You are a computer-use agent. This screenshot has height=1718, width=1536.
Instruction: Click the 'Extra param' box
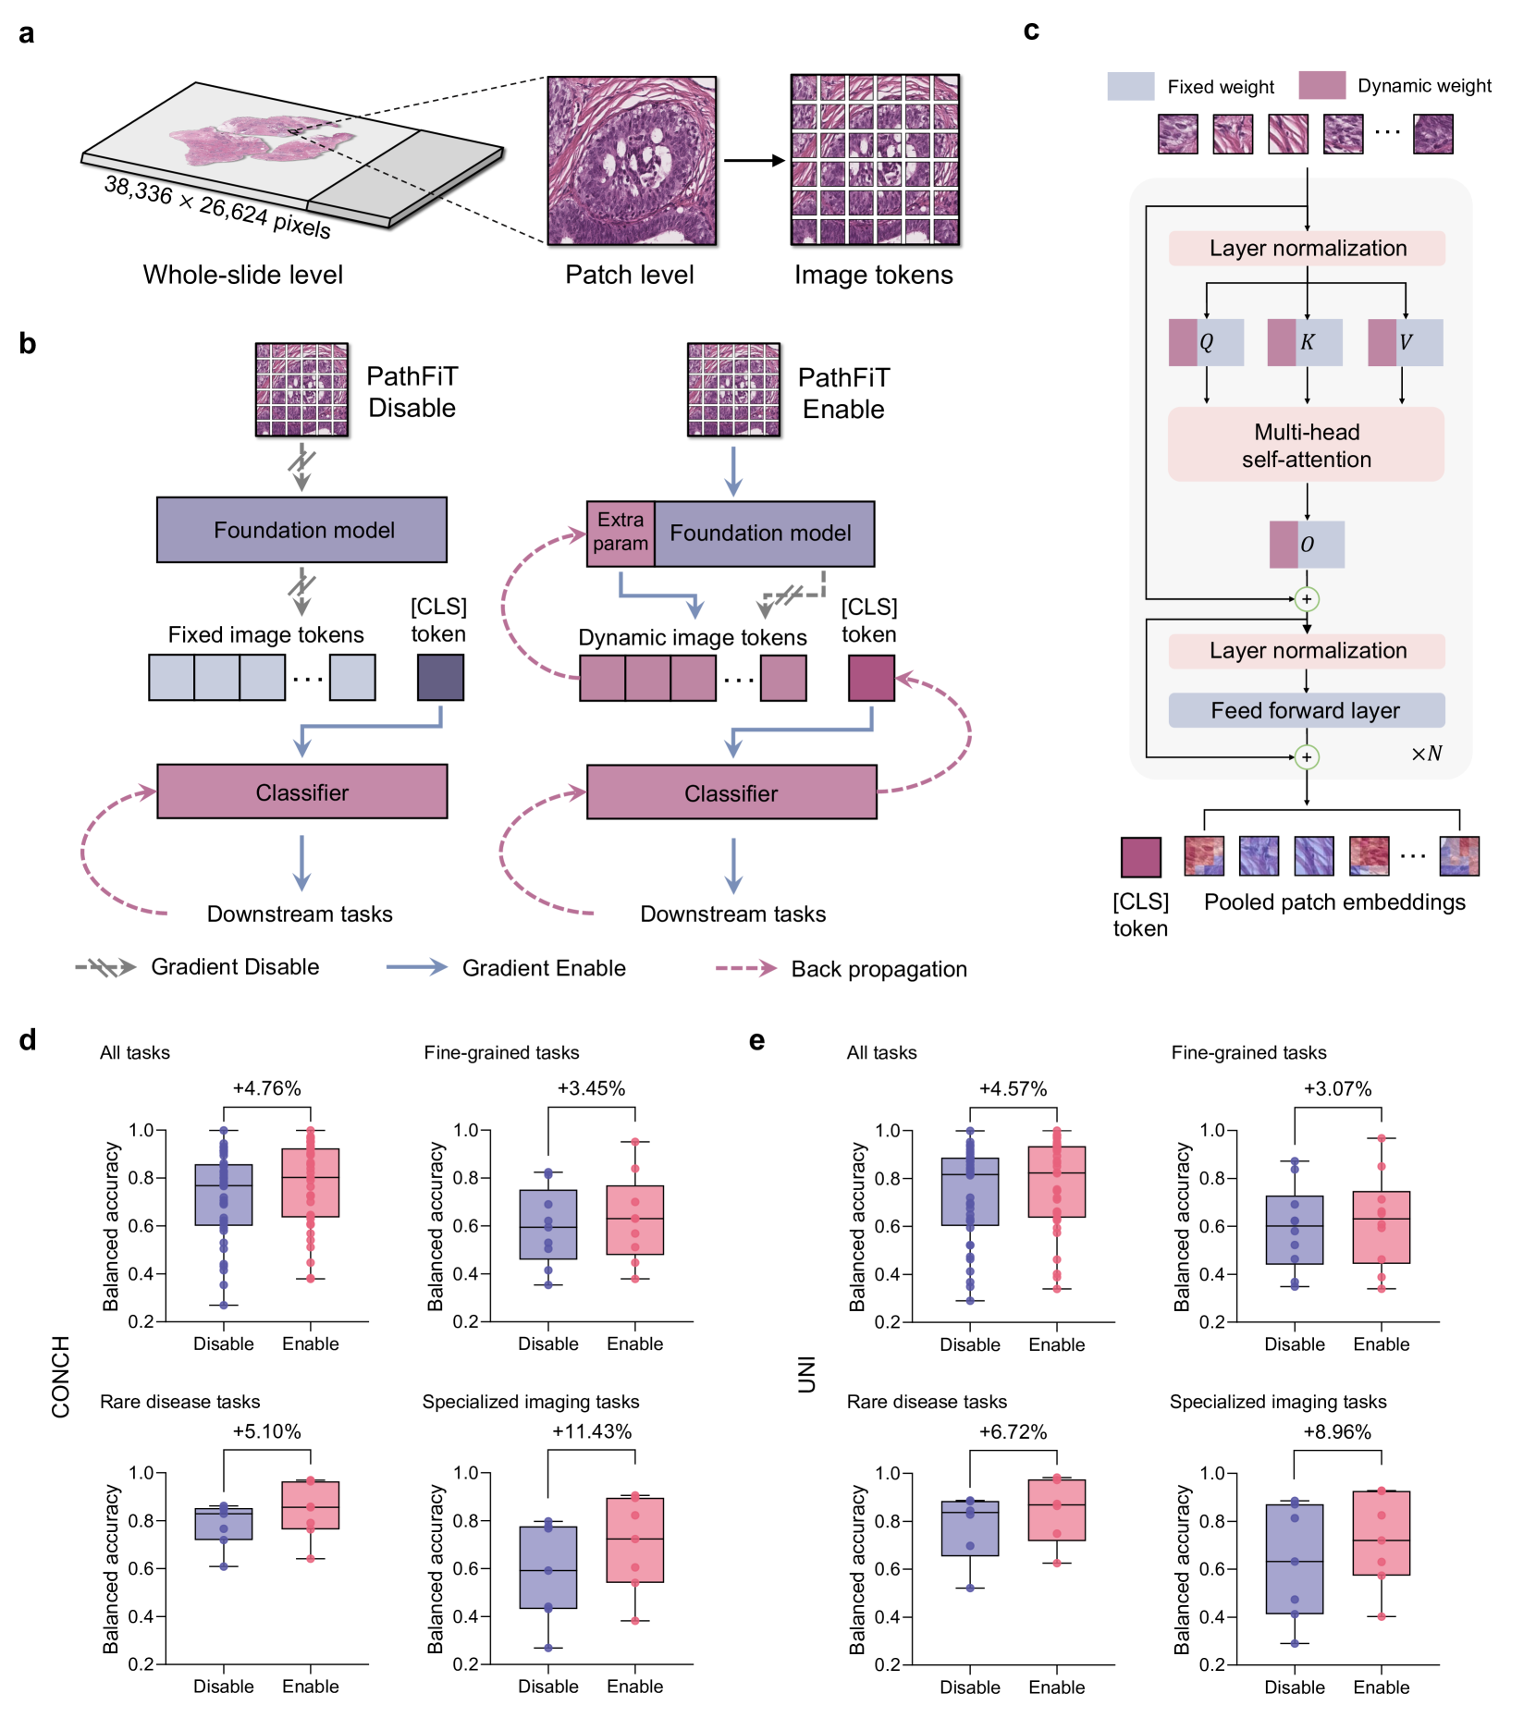click(x=621, y=533)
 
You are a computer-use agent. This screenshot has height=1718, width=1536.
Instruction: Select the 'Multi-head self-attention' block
click(x=1306, y=445)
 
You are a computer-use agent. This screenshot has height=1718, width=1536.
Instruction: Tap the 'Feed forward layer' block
click(x=1306, y=710)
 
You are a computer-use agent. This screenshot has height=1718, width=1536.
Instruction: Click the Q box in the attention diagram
click(x=1206, y=342)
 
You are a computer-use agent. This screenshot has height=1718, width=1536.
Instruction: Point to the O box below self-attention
click(x=1307, y=544)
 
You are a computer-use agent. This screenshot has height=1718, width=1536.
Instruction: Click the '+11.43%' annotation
click(x=592, y=1431)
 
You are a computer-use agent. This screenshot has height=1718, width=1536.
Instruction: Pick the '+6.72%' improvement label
click(x=1013, y=1431)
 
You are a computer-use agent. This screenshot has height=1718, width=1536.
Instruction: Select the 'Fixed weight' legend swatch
click(x=1131, y=86)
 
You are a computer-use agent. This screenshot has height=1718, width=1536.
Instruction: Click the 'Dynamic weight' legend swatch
click(x=1321, y=85)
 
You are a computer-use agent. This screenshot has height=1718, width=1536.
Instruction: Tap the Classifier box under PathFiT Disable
click(x=302, y=792)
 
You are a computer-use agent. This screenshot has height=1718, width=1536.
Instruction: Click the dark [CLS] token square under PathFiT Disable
click(x=440, y=677)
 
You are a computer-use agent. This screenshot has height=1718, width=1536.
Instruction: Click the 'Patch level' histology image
click(x=632, y=161)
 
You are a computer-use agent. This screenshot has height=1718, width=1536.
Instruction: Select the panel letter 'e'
click(x=756, y=1041)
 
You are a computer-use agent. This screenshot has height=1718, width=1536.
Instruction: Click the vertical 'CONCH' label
click(x=61, y=1376)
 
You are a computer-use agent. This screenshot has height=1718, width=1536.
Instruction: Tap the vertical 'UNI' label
click(x=807, y=1374)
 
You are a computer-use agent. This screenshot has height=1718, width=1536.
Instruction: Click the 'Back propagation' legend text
click(x=879, y=968)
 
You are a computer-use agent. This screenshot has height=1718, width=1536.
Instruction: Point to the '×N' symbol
click(x=1426, y=754)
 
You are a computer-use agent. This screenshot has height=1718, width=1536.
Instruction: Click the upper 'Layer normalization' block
click(x=1306, y=248)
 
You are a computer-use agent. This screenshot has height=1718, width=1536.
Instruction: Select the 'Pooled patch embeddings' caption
click(x=1334, y=902)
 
